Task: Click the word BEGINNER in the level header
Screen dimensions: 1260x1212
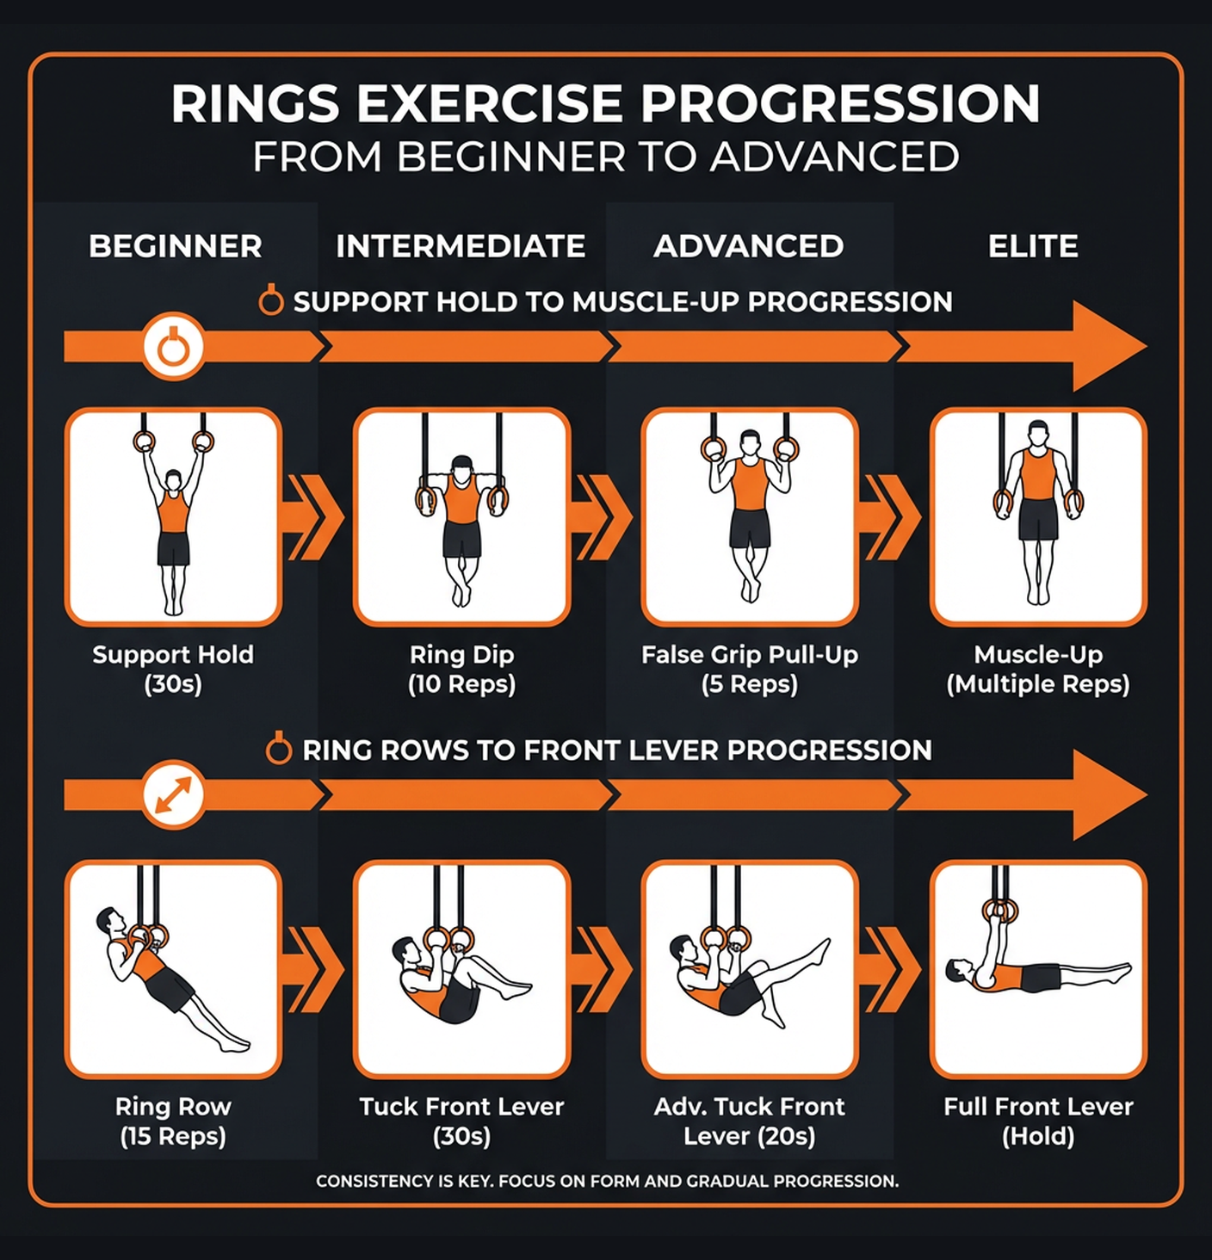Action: coord(175,246)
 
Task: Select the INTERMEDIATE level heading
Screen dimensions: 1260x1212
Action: coord(461,246)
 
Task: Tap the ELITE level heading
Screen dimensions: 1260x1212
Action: coord(1032,246)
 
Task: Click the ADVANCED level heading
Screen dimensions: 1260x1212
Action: coord(748,246)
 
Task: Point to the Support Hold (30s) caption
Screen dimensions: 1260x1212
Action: coord(173,669)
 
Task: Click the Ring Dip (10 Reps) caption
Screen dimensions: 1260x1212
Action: coord(461,669)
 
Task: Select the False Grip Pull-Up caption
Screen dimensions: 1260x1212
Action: coord(749,669)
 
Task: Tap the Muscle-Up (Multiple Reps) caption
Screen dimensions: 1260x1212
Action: coord(1037,669)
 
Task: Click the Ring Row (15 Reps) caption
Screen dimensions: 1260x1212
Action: coord(173,1121)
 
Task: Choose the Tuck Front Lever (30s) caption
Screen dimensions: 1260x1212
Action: coord(461,1121)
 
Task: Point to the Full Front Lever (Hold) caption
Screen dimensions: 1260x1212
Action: coord(1037,1121)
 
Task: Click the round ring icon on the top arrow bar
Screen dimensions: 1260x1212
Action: coord(173,347)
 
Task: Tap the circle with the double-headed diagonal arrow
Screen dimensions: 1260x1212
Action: coord(173,794)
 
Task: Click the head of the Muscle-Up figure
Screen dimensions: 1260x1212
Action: coord(1038,433)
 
